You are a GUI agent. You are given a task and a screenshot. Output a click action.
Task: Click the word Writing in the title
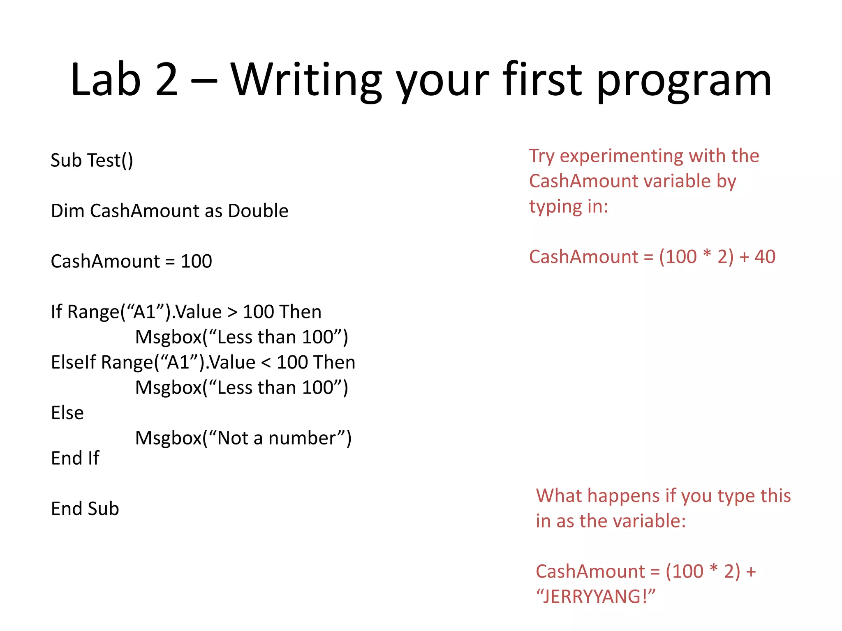(306, 80)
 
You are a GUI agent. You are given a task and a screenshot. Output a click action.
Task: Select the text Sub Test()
(92, 160)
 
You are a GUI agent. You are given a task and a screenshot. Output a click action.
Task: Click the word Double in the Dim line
(258, 211)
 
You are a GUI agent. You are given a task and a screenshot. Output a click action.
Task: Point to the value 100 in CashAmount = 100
(196, 261)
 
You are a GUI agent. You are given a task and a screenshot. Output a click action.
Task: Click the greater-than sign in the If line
(232, 312)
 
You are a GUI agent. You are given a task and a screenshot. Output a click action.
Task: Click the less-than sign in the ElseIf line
(266, 363)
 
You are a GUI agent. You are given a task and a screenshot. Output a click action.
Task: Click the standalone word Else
(67, 413)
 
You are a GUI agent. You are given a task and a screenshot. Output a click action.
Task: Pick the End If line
(75, 458)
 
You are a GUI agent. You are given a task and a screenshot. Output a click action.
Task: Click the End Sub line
(85, 509)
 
